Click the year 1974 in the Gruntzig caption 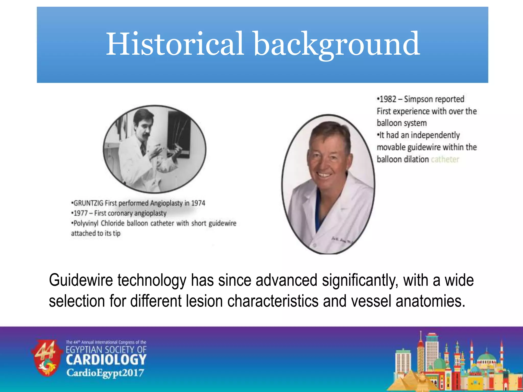coord(198,203)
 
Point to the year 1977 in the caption coord(81,213)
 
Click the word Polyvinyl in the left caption coord(86,223)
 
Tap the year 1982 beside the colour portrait coord(388,99)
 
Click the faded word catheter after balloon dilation coord(445,160)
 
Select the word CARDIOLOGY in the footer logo coord(106,360)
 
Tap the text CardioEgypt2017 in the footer coord(105,373)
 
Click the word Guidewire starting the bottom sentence coord(81,280)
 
